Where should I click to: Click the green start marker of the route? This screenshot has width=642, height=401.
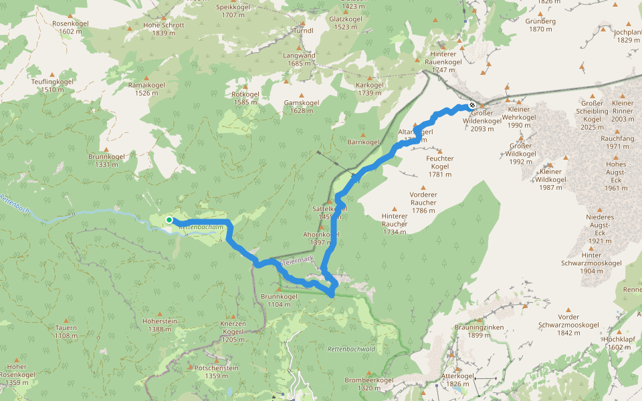[x=169, y=220]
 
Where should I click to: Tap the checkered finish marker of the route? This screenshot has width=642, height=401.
[x=472, y=105]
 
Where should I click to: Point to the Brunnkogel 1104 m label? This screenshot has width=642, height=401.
[x=279, y=300]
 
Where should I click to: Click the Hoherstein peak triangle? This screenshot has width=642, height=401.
[x=160, y=313]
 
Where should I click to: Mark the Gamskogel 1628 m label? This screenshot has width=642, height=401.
[x=302, y=106]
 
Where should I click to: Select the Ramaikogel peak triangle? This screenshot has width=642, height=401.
[x=147, y=77]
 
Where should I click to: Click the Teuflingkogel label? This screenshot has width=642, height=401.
[x=52, y=85]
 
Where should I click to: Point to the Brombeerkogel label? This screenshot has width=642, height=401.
[x=369, y=384]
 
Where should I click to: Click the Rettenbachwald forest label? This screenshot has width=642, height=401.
[x=350, y=350]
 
